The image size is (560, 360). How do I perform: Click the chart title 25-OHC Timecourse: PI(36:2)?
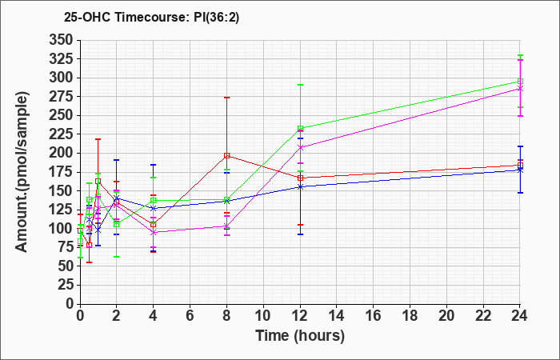point(151,17)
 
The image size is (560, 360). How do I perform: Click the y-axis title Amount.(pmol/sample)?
point(22,172)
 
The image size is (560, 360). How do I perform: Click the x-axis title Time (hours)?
point(300,336)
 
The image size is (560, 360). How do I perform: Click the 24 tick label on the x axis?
point(519,316)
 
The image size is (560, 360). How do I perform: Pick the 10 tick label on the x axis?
point(263,316)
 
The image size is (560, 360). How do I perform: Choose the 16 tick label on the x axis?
point(373,316)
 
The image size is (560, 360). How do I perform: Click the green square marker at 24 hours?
point(520,82)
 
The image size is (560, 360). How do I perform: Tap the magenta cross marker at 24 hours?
point(520,89)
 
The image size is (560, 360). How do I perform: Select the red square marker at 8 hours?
point(226,156)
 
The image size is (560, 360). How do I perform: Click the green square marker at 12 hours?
point(300,128)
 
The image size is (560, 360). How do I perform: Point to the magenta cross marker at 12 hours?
point(300,147)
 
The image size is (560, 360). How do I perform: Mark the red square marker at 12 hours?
point(300,178)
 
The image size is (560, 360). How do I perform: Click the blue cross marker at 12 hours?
point(300,186)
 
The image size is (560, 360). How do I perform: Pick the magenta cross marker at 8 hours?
point(226,226)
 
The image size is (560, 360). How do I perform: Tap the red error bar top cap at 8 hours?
point(226,98)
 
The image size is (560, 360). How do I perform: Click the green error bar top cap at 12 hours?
point(300,85)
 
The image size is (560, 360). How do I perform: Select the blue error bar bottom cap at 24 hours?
point(520,193)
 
